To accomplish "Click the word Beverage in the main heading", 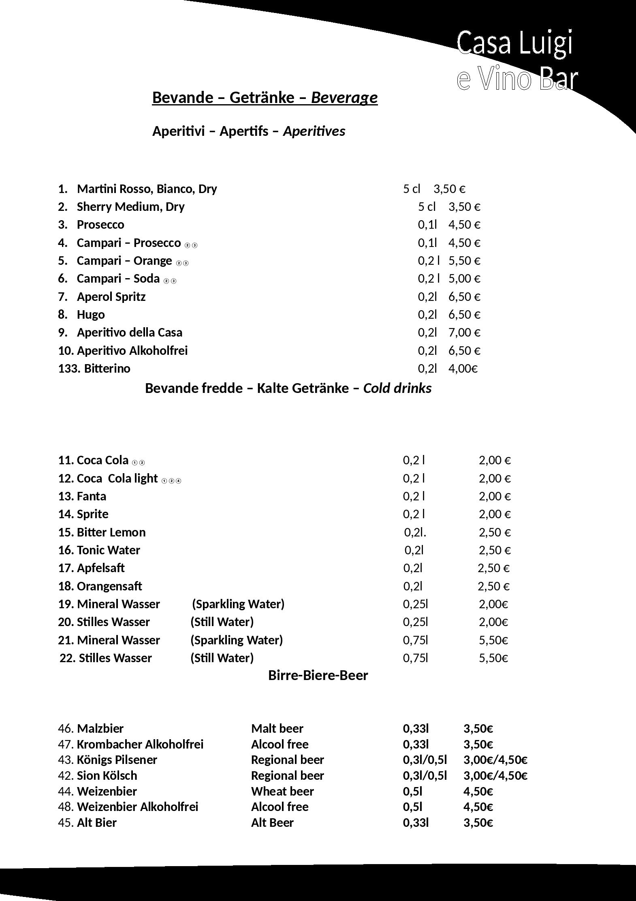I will tap(344, 98).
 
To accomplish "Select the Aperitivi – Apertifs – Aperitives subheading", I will tap(248, 131).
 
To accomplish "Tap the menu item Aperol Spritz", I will tap(111, 297).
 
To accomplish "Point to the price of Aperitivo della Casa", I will tap(464, 333).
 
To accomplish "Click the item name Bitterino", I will tap(107, 369).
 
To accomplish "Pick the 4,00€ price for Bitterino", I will tap(463, 369).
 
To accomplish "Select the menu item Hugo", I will tap(91, 315).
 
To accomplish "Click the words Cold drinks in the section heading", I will tap(397, 388).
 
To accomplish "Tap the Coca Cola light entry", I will tap(117, 478).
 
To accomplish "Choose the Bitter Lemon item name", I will tap(111, 532).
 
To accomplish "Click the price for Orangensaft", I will tap(493, 586).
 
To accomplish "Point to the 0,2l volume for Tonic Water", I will tap(414, 550).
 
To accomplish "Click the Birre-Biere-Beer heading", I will tap(318, 675).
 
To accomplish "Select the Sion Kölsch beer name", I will tap(107, 776).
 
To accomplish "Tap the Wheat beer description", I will tap(282, 792).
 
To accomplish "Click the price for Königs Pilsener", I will tap(495, 760).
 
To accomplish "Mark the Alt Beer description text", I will tap(272, 823).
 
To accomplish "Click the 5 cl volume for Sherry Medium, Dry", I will tap(427, 207).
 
